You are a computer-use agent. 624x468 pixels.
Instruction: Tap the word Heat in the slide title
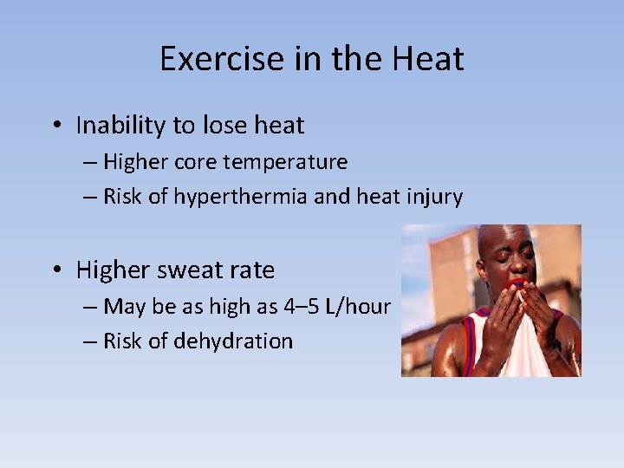(x=428, y=59)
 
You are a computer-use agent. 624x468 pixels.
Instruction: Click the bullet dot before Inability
(x=55, y=127)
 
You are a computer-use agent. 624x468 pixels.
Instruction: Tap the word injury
(x=432, y=197)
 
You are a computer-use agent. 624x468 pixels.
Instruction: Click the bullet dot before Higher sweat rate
(x=55, y=270)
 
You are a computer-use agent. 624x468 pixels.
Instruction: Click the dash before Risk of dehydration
(x=89, y=341)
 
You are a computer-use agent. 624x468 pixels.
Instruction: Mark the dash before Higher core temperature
(x=89, y=162)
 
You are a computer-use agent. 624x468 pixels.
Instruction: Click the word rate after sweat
(x=249, y=270)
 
